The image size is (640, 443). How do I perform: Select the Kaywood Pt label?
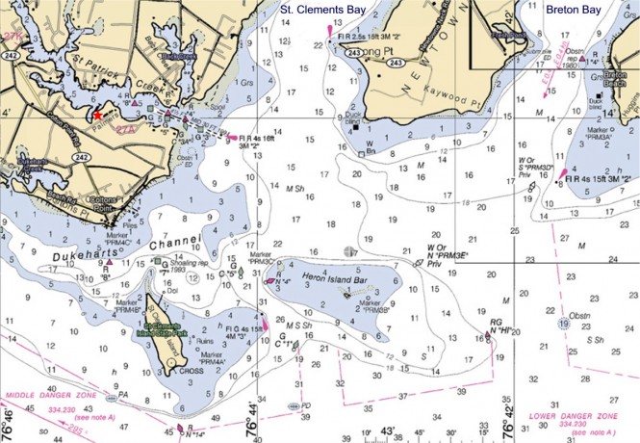click(439, 93)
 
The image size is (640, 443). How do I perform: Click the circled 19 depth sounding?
click(561, 325)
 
